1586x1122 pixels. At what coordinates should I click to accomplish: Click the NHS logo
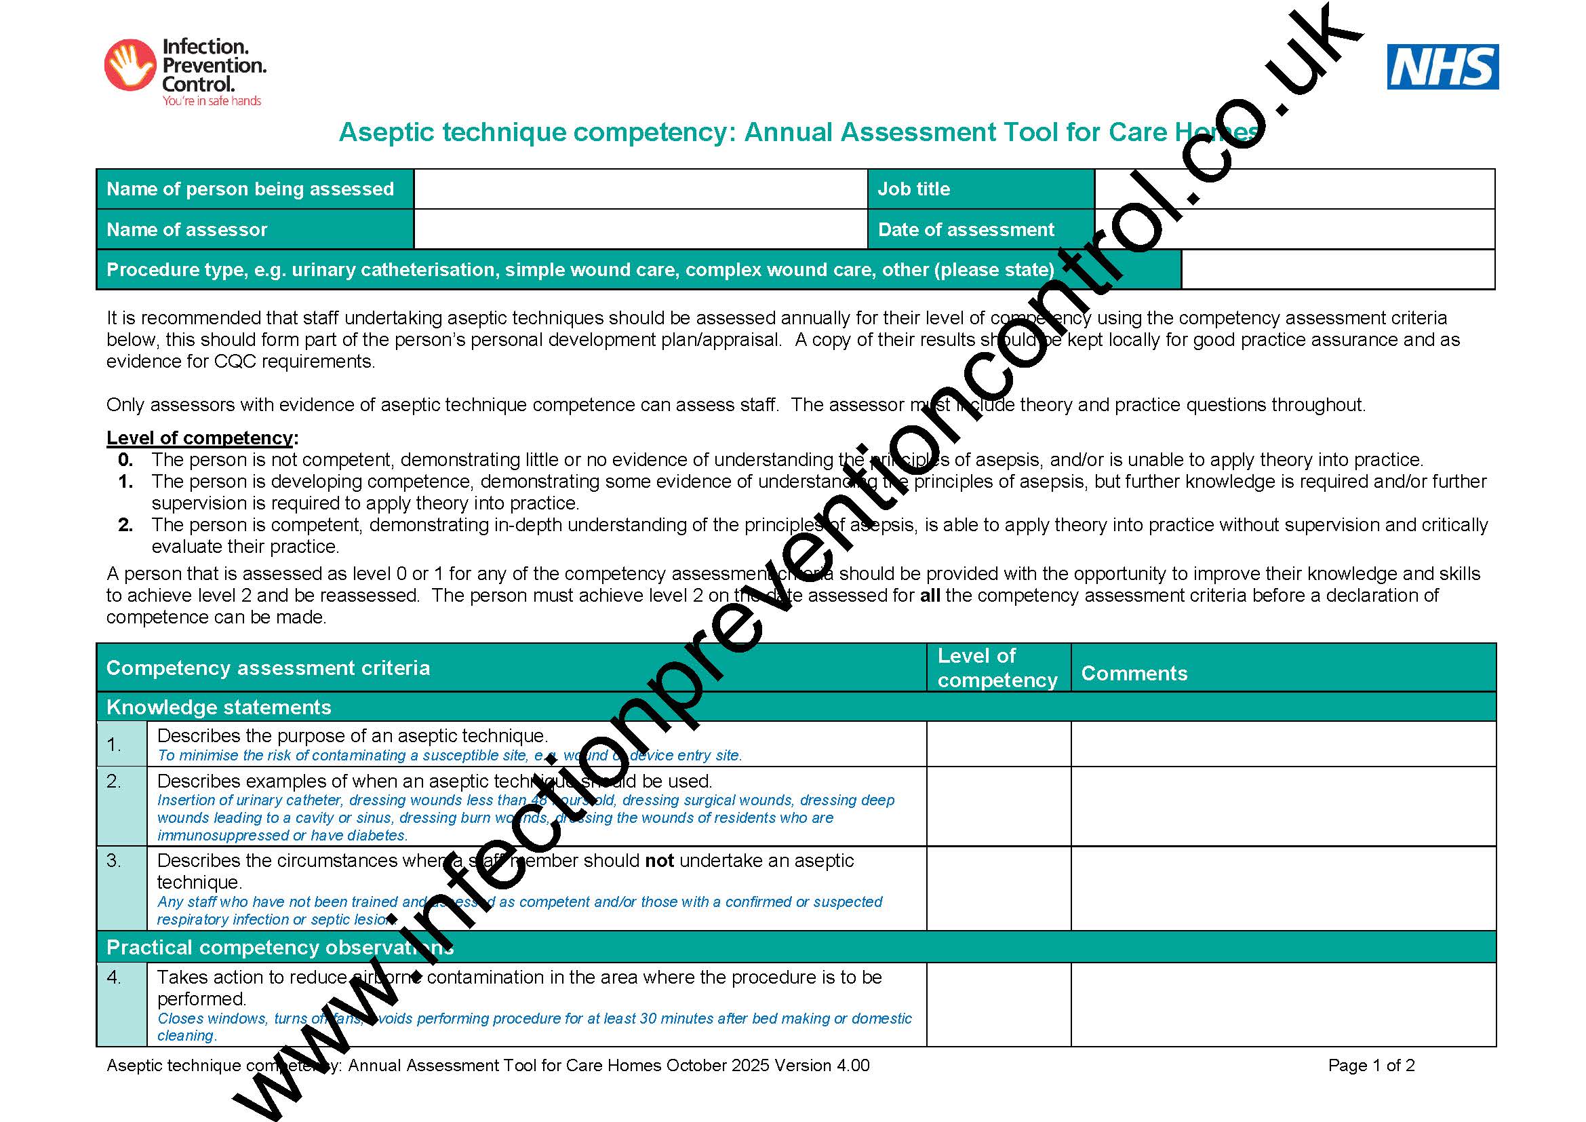(1442, 67)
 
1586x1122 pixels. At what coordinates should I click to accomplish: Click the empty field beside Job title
(1294, 189)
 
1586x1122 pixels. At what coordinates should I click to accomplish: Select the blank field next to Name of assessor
(639, 229)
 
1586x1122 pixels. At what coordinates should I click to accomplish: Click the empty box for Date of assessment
(1294, 229)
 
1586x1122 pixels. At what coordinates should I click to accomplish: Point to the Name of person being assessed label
(250, 189)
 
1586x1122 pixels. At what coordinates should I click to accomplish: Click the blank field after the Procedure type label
(1337, 269)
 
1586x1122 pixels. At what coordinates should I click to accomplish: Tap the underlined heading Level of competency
(200, 438)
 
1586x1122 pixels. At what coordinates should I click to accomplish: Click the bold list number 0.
(125, 460)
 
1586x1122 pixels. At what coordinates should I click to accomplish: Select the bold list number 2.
(125, 525)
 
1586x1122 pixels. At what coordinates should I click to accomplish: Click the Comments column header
(1134, 673)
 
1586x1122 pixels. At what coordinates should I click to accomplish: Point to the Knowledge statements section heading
(219, 707)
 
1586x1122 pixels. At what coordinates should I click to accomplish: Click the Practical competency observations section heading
(280, 947)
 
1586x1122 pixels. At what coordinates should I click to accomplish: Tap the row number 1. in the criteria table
(114, 744)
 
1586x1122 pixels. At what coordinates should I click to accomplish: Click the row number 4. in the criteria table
(114, 978)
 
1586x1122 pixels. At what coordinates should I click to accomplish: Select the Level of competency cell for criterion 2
(998, 807)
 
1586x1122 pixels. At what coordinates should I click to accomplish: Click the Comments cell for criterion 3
(1283, 889)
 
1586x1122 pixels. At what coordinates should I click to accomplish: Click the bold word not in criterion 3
(659, 861)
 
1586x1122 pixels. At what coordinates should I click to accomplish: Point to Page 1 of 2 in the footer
(1371, 1065)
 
